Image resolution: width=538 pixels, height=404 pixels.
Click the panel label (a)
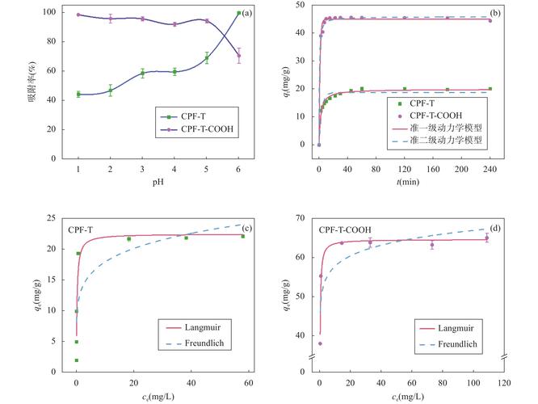(246, 13)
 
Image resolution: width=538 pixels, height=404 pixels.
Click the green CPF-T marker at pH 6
(238, 13)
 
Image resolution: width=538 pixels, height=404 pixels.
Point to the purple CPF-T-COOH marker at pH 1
(78, 15)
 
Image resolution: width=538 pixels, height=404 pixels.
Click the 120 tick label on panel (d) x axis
(504, 381)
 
